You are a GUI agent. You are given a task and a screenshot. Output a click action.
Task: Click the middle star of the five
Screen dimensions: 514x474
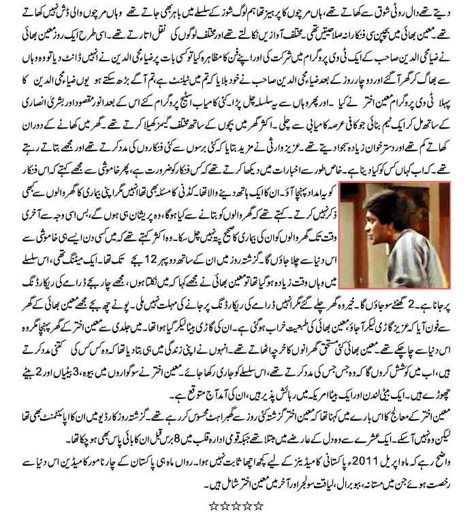[236, 506]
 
